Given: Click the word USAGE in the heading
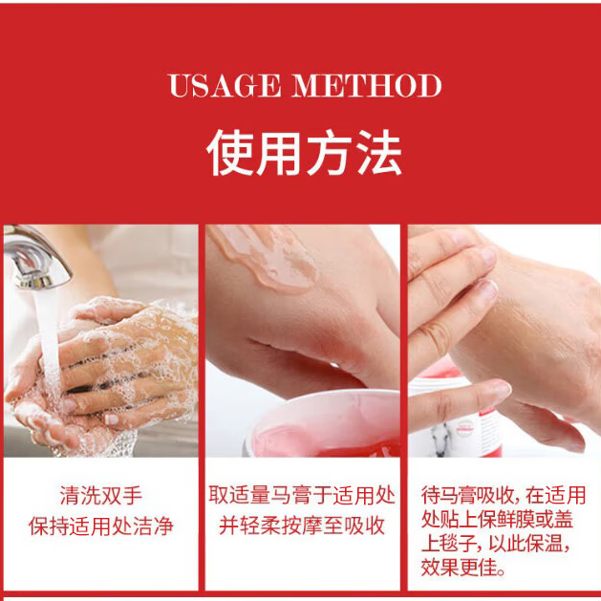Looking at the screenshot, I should click(225, 86).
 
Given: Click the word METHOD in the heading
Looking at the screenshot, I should click(368, 86).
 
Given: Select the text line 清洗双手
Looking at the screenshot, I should click(99, 496).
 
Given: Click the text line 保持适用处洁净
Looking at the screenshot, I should click(99, 526).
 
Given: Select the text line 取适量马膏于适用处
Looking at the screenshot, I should click(302, 496).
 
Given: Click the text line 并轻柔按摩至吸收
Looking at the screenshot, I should click(302, 526).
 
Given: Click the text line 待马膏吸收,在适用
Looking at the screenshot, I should click(503, 496).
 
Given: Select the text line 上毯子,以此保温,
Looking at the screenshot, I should click(503, 546).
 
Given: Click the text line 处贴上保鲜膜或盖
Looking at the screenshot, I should click(503, 521).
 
